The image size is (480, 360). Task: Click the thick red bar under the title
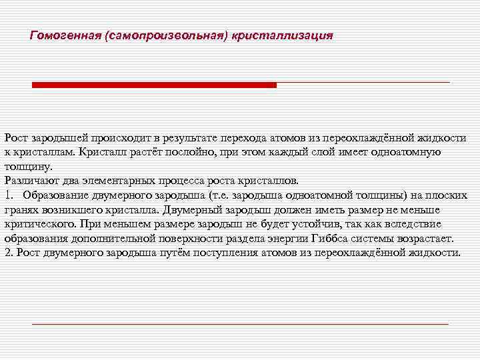point(154,85)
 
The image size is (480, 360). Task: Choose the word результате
point(193,138)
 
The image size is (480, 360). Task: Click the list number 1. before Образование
point(9,195)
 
